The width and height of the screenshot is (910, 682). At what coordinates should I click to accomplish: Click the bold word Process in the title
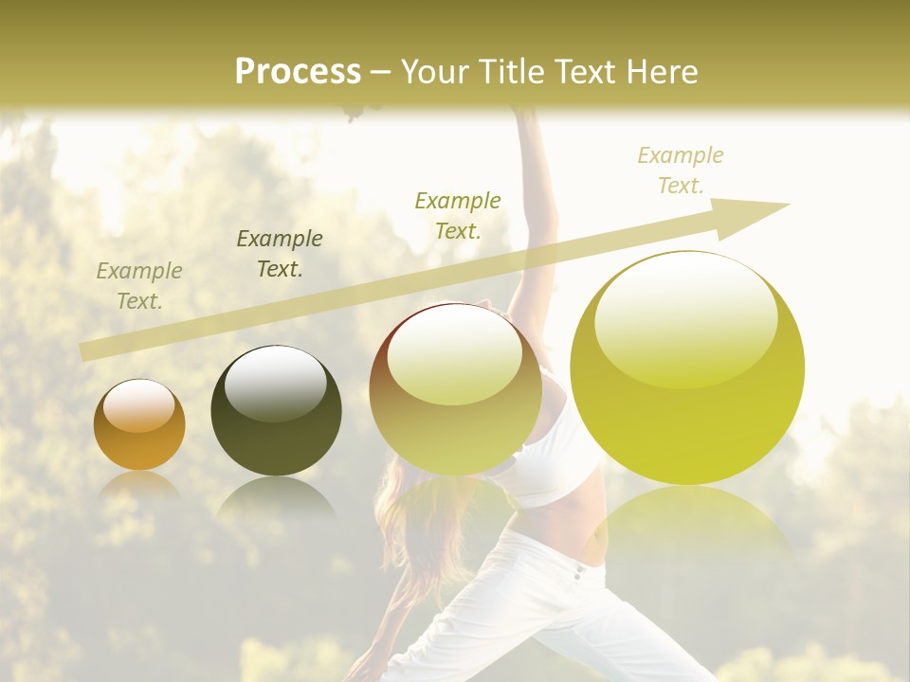click(298, 72)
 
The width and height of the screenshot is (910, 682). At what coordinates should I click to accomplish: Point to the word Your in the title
click(436, 72)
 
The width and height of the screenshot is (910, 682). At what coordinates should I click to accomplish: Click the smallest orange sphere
click(139, 424)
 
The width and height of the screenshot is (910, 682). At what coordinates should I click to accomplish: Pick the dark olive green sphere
click(276, 410)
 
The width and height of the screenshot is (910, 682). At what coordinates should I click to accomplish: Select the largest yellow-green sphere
click(687, 368)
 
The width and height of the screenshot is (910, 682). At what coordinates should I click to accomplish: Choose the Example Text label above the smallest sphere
click(139, 286)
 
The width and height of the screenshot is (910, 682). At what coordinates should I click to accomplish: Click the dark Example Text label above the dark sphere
click(280, 253)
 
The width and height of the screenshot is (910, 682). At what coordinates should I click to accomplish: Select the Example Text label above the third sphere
click(458, 215)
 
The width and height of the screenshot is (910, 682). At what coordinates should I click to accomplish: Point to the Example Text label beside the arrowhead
click(681, 170)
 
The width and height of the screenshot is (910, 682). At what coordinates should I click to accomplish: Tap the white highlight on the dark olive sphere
click(276, 381)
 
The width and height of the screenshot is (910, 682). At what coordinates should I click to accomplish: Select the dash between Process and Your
click(381, 72)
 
